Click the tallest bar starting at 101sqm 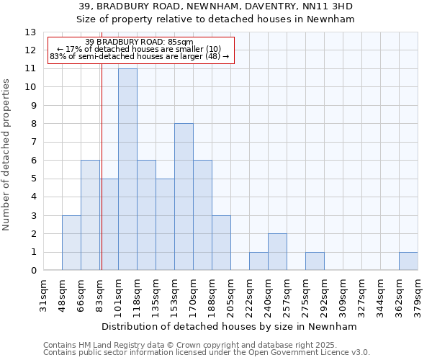pyautogui.click(x=127, y=170)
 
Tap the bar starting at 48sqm pyautogui.click(x=71, y=243)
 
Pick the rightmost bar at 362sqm pyautogui.click(x=408, y=261)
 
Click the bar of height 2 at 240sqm pyautogui.click(x=277, y=252)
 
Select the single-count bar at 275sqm pyautogui.click(x=315, y=261)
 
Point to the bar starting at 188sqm pyautogui.click(x=221, y=243)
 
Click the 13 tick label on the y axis pyautogui.click(x=30, y=32)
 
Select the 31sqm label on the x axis pyautogui.click(x=43, y=296)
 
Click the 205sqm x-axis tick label pyautogui.click(x=230, y=296)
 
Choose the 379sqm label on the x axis pyautogui.click(x=418, y=296)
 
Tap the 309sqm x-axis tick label pyautogui.click(x=343, y=296)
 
